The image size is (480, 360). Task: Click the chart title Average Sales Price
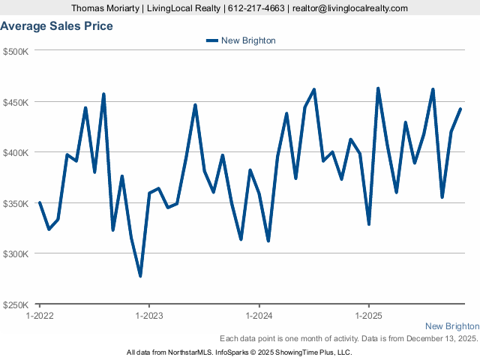57,26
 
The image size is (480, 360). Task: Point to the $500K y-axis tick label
16,51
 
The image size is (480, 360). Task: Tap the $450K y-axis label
16,102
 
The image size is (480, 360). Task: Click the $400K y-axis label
16,152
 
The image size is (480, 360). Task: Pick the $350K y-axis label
16,203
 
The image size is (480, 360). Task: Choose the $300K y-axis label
16,253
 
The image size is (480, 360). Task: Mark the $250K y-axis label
16,304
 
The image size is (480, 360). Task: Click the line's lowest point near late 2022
140,276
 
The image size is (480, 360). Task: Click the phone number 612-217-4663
256,8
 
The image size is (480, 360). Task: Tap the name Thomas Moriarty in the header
104,8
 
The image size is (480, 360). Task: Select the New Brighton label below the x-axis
451,326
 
